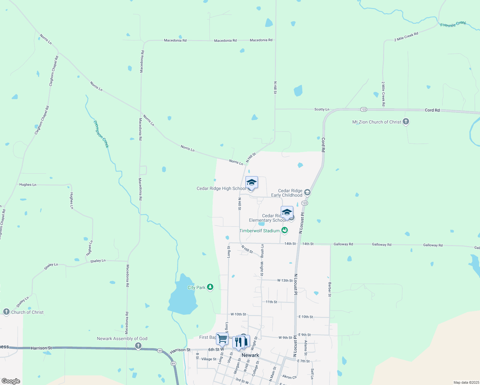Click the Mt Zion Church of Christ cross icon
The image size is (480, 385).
(x=406, y=122)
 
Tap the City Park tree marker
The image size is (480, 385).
(x=210, y=287)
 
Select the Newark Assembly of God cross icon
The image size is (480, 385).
(x=138, y=346)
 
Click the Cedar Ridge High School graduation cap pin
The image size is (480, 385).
(x=252, y=183)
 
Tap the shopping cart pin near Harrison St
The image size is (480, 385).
(x=222, y=338)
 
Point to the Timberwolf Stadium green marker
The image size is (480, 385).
(x=284, y=230)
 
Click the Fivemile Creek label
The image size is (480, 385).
(x=453, y=24)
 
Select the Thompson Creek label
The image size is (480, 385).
(x=101, y=134)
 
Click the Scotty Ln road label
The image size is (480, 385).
(x=321, y=109)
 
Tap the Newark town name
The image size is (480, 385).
(x=250, y=355)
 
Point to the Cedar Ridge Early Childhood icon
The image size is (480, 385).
(x=307, y=193)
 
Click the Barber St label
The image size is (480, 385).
(x=330, y=289)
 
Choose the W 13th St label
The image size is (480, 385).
(x=285, y=280)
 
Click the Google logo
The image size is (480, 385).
(x=11, y=381)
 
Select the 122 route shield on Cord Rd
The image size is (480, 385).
(x=363, y=109)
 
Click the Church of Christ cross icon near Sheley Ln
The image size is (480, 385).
(x=6, y=312)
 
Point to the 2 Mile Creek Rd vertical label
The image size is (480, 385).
(x=383, y=94)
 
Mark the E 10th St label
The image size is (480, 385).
(x=305, y=317)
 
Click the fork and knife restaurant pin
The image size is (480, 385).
(x=238, y=342)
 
